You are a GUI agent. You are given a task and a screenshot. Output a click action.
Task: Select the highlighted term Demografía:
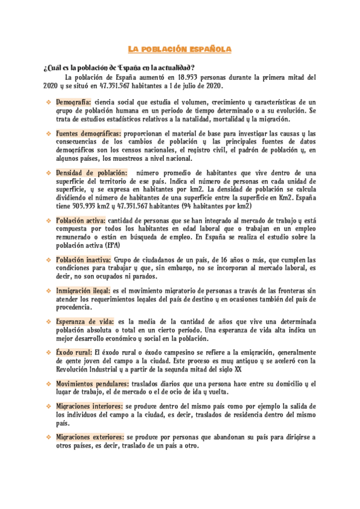click(74, 103)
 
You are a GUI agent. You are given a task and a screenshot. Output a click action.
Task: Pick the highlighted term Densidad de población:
click(91, 173)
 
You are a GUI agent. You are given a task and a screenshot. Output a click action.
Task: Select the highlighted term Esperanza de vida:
click(83, 322)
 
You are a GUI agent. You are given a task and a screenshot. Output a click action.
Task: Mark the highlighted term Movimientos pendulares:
click(92, 383)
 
